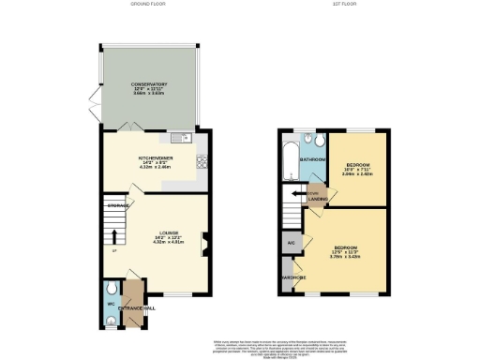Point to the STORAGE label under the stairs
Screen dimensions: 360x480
tap(116, 204)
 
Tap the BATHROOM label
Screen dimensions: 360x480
tap(311, 160)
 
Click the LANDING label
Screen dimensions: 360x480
tap(318, 200)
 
